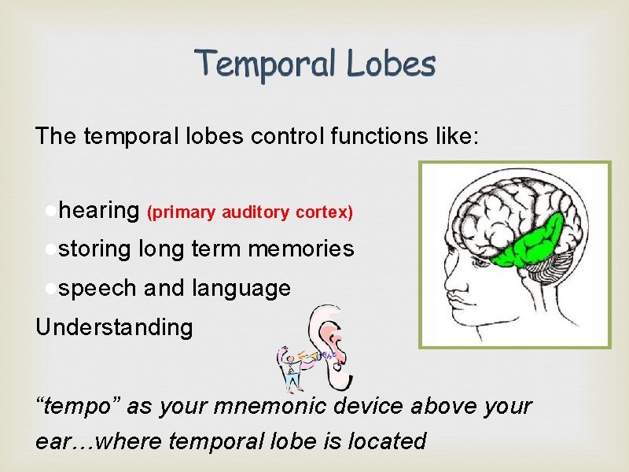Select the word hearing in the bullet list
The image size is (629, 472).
click(x=99, y=211)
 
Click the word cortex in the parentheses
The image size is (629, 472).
click(x=325, y=212)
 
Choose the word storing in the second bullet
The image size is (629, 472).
click(x=95, y=249)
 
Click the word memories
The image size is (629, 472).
click(x=300, y=249)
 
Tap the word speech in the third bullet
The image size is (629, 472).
click(x=98, y=288)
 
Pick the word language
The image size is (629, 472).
click(x=241, y=288)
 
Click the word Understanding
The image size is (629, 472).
click(x=114, y=326)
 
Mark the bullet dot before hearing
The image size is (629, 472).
click(x=50, y=211)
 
